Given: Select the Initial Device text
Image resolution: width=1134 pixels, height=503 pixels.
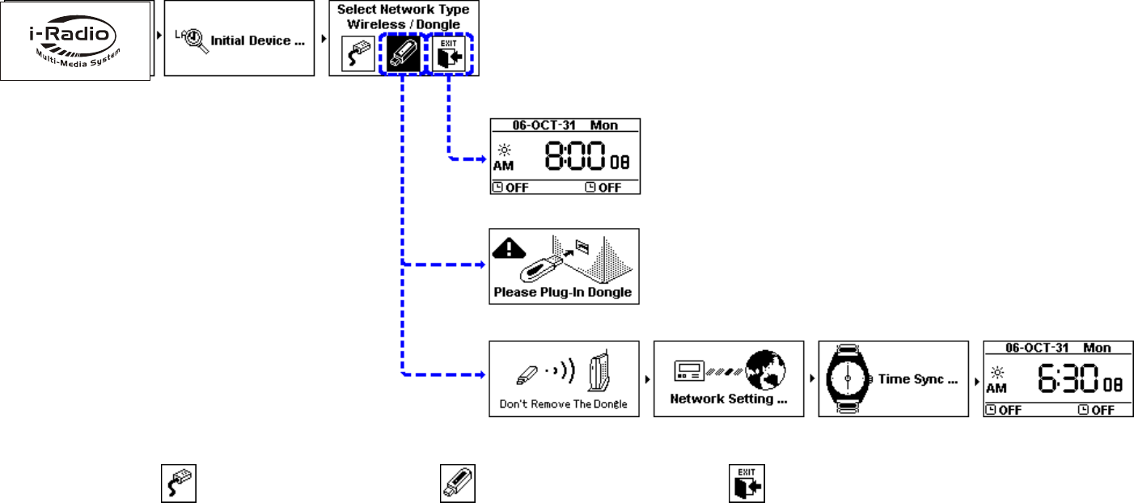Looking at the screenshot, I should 257,40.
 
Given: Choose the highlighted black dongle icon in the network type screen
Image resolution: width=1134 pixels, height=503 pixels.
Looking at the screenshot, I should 401,54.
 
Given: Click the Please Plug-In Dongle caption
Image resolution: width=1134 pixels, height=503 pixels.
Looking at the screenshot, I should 563,292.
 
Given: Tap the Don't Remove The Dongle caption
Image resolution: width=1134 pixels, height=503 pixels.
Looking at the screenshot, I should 564,404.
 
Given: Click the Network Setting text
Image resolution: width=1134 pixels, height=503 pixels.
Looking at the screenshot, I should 727,399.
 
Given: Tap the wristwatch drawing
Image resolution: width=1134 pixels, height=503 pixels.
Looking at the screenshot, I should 844,378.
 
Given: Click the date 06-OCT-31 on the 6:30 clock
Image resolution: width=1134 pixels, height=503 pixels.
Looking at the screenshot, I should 1035,348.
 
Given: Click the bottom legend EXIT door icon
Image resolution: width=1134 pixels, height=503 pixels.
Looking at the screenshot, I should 746,483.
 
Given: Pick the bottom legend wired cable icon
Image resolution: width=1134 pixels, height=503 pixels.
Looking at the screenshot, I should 177,483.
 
